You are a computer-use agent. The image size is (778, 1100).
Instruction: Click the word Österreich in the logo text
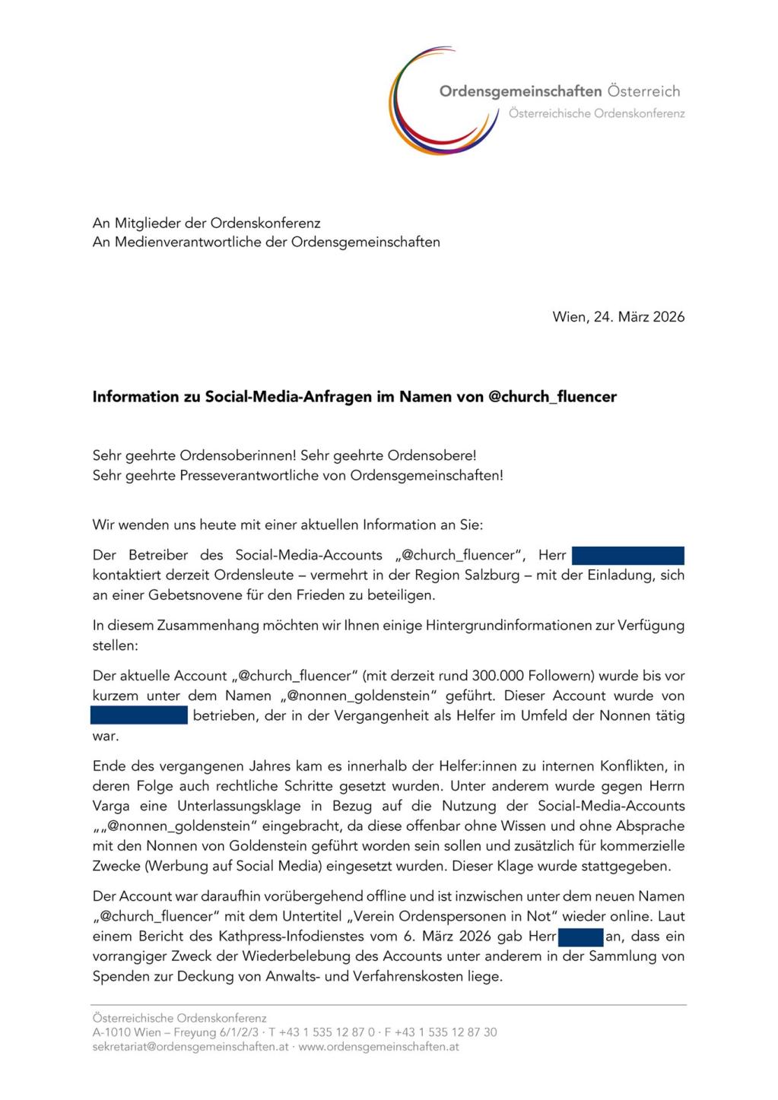(643, 91)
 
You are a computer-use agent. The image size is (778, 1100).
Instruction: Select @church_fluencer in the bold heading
(552, 397)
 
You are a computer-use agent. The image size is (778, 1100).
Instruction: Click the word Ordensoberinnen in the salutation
(237, 456)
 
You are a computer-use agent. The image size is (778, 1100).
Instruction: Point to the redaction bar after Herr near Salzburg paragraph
(627, 556)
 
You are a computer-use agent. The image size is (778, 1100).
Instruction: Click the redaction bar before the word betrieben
(139, 715)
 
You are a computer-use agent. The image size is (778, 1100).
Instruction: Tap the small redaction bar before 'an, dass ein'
(580, 937)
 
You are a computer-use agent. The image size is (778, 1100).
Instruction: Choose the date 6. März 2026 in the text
(453, 937)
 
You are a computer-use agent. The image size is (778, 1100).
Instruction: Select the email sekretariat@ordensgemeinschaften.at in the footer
(190, 1047)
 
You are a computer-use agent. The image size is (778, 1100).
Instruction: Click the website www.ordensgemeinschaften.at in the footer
(378, 1047)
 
